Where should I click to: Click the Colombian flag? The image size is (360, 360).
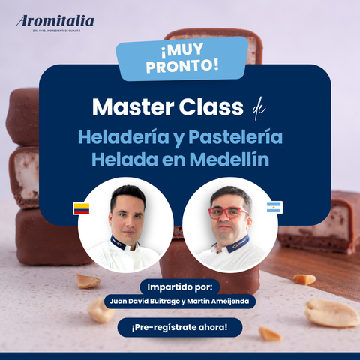pos(81,208)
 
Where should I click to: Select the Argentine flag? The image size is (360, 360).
pos(274,207)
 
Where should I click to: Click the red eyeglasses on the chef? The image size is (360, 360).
pos(227,213)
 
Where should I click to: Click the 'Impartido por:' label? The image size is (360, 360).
pos(179,286)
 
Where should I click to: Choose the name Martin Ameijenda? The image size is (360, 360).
pos(221,301)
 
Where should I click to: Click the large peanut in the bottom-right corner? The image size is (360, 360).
pos(331,313)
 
